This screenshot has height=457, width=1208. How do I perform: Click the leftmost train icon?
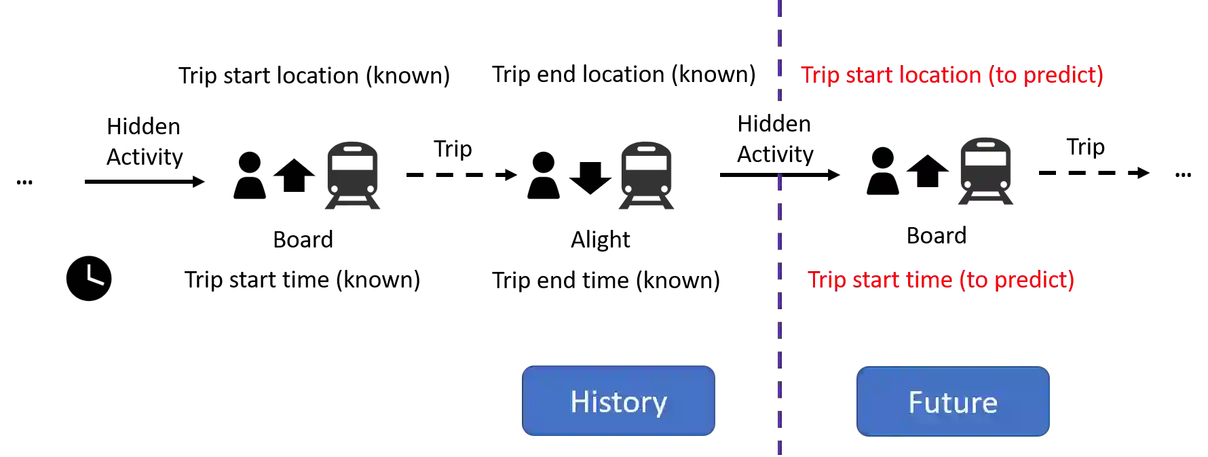click(x=352, y=176)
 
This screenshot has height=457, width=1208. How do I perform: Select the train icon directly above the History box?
click(x=645, y=176)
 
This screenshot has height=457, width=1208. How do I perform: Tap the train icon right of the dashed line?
click(x=985, y=171)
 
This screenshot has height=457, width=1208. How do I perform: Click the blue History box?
click(x=618, y=401)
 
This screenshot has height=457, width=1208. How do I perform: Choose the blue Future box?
click(x=953, y=401)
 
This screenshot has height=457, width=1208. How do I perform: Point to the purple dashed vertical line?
click(x=778, y=271)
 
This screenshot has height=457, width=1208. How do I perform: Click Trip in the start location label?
click(x=820, y=75)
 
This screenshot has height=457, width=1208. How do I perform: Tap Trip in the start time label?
click(x=826, y=279)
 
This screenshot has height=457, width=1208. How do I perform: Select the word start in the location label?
click(x=870, y=75)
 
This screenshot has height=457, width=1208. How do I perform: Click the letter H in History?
click(x=578, y=401)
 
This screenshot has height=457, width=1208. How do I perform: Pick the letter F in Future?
click(x=916, y=402)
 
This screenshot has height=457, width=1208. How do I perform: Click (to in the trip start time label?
click(x=974, y=279)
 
